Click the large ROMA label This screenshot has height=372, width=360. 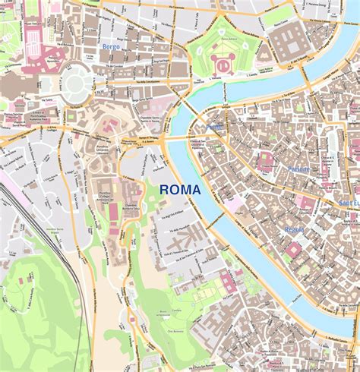(x=180, y=190)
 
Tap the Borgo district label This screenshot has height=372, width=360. (x=111, y=46)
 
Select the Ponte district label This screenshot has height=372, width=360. (x=215, y=128)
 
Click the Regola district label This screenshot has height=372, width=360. (x=294, y=229)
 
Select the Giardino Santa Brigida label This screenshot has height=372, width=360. (x=55, y=230)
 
